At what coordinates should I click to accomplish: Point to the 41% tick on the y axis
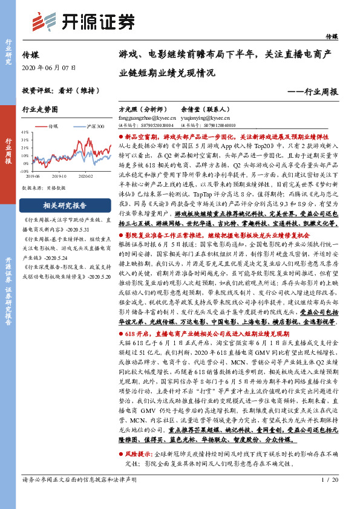tap(25, 131)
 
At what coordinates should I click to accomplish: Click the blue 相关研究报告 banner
tap(64, 205)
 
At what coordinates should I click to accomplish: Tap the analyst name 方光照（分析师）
tap(142, 109)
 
